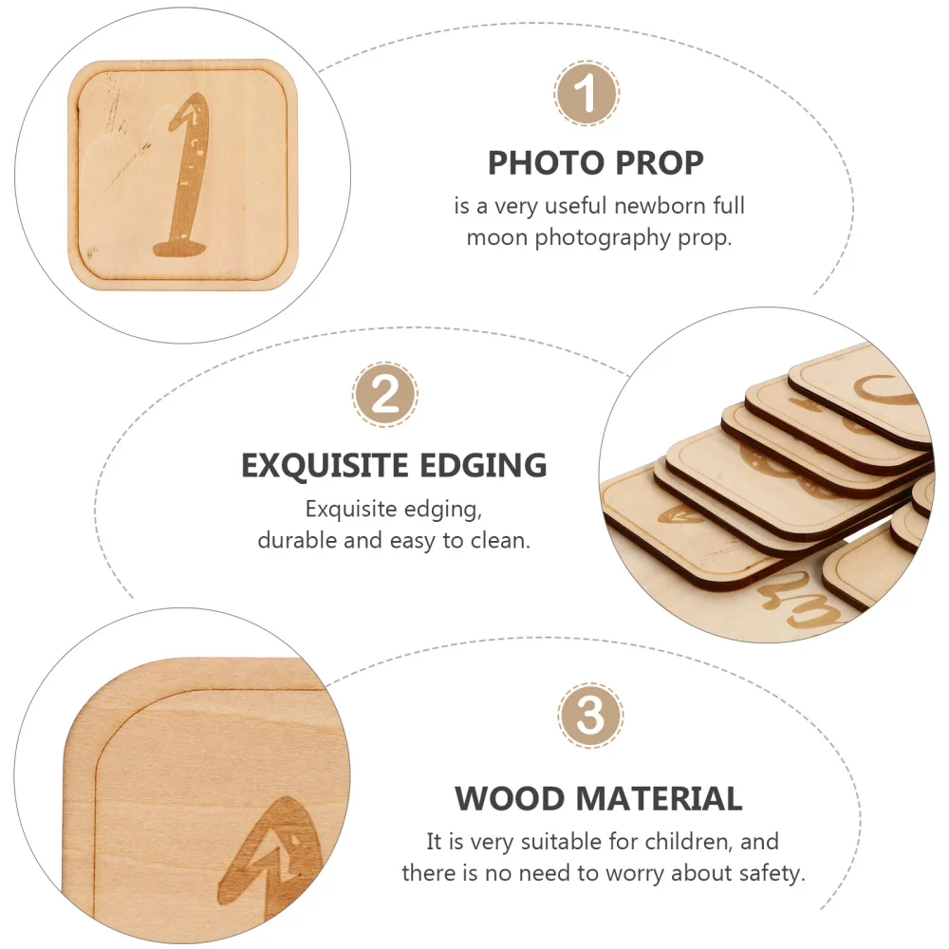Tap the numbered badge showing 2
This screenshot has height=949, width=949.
[x=385, y=394]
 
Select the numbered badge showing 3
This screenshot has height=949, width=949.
[x=590, y=716]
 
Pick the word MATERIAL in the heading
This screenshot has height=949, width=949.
[x=661, y=798]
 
